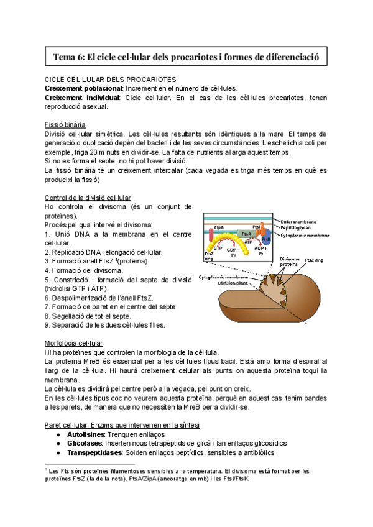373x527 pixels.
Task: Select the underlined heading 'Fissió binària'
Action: [x=70, y=124]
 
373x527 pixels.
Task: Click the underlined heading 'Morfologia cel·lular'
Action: [x=74, y=342]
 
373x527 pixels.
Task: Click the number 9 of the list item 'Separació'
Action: [x=47, y=324]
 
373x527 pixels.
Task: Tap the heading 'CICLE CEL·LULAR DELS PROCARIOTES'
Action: [x=110, y=80]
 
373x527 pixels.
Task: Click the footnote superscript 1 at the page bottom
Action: [x=46, y=470]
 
